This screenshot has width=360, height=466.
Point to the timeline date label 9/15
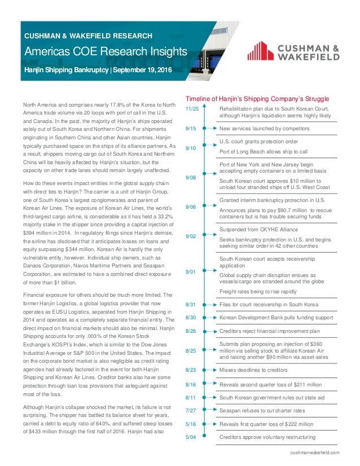point(190,129)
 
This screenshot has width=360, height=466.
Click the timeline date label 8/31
point(190,305)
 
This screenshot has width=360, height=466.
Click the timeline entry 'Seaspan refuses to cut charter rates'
point(262,411)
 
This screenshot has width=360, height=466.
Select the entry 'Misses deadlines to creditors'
point(253,370)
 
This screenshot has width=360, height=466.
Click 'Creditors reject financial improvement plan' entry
point(269,331)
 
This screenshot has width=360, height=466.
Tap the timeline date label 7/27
point(190,411)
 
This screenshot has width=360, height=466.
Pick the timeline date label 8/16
point(190,385)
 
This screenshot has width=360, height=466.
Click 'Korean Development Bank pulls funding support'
point(273,318)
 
